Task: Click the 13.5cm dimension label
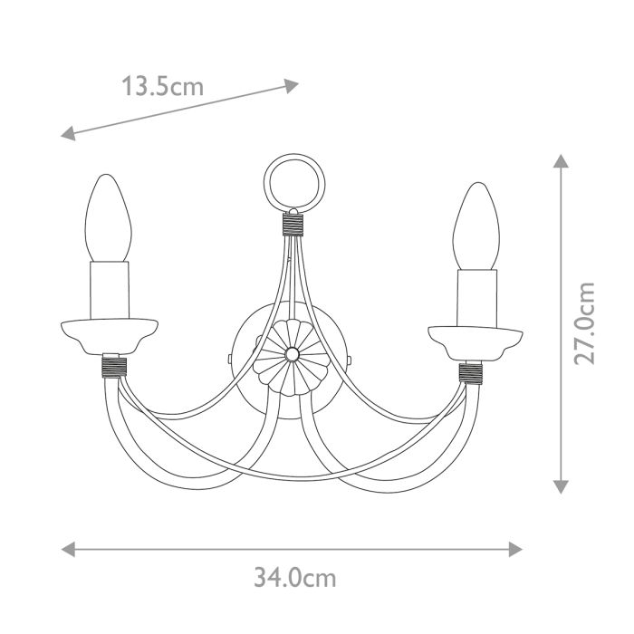tap(163, 87)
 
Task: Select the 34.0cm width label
tap(294, 578)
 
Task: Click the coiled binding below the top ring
tap(292, 223)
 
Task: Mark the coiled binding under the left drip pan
tap(112, 366)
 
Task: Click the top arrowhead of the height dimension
tap(561, 162)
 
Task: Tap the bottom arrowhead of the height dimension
tap(561, 486)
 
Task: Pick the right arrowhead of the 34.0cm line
tap(516, 549)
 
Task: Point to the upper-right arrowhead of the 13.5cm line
tap(291, 86)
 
